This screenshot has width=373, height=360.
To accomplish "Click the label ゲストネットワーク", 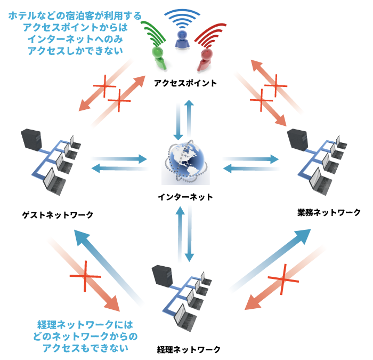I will [58, 214].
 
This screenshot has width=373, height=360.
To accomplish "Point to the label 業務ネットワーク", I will [329, 212].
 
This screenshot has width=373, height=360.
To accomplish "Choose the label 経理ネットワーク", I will [189, 350].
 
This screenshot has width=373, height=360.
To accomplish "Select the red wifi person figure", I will [204, 53].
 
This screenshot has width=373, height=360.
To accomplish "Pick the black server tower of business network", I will [295, 140].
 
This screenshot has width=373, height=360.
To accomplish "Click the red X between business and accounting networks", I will [282, 278].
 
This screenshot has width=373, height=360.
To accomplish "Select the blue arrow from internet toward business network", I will [250, 158].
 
